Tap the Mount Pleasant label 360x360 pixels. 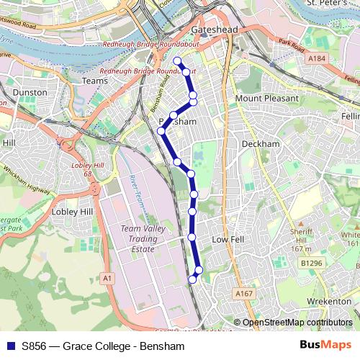(266, 98)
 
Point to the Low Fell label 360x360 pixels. (230, 238)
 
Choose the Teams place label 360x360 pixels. (94, 81)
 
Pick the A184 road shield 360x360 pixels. (316, 57)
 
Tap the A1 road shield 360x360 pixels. (107, 278)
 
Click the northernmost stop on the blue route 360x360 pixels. (176, 61)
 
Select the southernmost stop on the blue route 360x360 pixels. (192, 279)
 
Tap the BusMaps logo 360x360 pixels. (325, 346)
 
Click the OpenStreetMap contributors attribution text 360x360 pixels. (297, 323)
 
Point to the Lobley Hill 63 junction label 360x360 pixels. (85, 169)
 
